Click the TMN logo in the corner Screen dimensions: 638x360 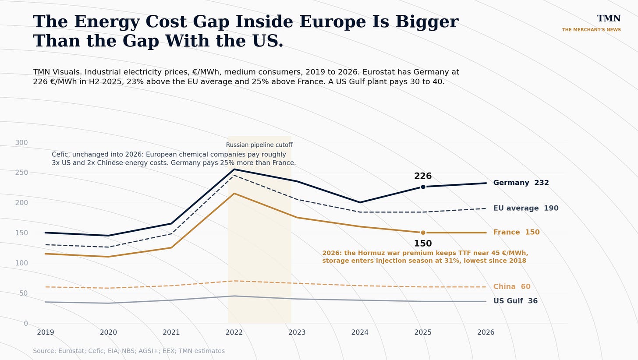click(609, 18)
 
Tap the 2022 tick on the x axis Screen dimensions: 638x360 click(234, 332)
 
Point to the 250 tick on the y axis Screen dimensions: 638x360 click(21, 173)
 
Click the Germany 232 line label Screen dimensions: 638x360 click(521, 183)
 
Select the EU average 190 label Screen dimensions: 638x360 click(526, 208)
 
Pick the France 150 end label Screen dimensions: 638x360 click(516, 232)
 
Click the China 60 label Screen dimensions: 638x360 click(512, 286)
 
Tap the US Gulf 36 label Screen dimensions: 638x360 click(515, 301)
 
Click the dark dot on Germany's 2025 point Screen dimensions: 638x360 click(423, 187)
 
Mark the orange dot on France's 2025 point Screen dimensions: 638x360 click(423, 233)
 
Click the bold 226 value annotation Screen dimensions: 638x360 click(423, 176)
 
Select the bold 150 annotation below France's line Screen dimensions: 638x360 click(423, 244)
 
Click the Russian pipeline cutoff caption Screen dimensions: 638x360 click(259, 145)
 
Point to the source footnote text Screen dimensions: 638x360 click(129, 351)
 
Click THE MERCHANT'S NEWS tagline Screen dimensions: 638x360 click(591, 30)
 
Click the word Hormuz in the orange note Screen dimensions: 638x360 click(369, 253)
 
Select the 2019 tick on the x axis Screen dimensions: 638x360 click(46, 332)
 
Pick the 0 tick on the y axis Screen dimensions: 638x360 click(26, 324)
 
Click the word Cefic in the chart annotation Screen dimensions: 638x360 click(60, 155)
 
